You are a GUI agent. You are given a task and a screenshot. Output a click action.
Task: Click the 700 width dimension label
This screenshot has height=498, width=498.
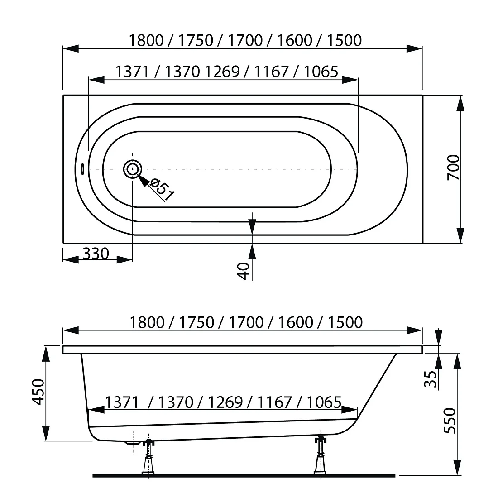[453, 168]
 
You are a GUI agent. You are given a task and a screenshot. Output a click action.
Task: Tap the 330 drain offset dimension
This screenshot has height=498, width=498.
[96, 254]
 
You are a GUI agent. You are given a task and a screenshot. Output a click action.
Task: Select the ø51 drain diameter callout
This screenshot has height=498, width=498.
[162, 190]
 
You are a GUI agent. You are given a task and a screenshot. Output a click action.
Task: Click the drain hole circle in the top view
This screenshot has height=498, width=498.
[133, 169]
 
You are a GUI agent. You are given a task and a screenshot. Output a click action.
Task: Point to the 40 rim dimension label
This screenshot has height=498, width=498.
[244, 271]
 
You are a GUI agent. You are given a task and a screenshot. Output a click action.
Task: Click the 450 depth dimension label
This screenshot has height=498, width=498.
[38, 392]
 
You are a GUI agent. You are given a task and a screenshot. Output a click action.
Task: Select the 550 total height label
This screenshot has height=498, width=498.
[450, 421]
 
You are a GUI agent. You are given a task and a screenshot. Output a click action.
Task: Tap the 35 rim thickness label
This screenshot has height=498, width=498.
[431, 379]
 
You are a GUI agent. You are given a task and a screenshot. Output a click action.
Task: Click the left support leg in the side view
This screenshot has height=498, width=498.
[148, 457]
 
